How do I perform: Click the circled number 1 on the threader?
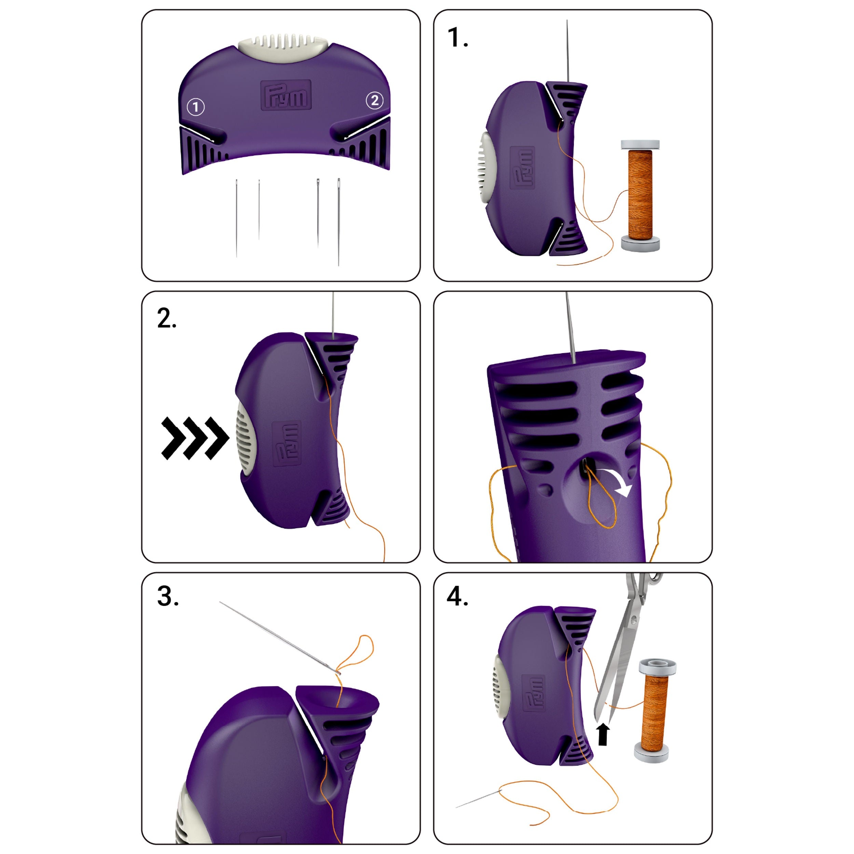tap(196, 107)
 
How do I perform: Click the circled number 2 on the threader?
tap(374, 100)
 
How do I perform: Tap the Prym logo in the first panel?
tap(286, 95)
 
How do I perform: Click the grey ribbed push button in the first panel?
tap(283, 48)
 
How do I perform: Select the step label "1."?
tap(457, 38)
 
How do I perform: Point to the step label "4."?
tap(457, 596)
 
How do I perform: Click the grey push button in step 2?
tap(243, 438)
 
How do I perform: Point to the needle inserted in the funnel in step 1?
tap(567, 51)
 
